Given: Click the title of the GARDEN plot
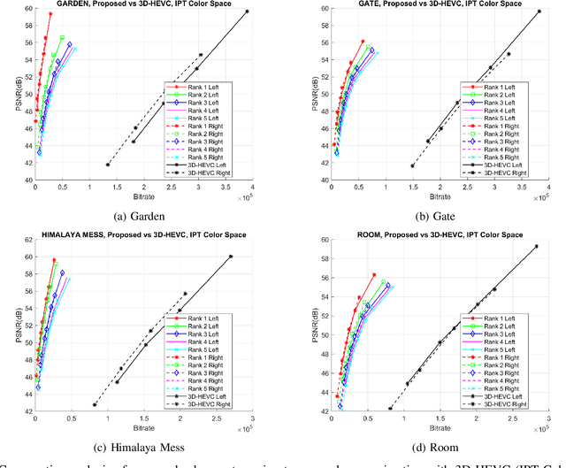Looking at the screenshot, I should pyautogui.click(x=143, y=4).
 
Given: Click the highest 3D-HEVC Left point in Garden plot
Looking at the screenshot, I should pyautogui.click(x=247, y=12).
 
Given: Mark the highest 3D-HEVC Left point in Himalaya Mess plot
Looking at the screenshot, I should pyautogui.click(x=231, y=257).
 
